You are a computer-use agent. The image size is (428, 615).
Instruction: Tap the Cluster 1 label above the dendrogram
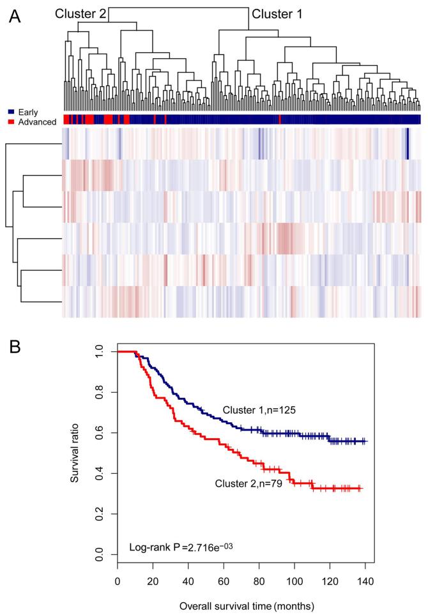(x=277, y=13)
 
